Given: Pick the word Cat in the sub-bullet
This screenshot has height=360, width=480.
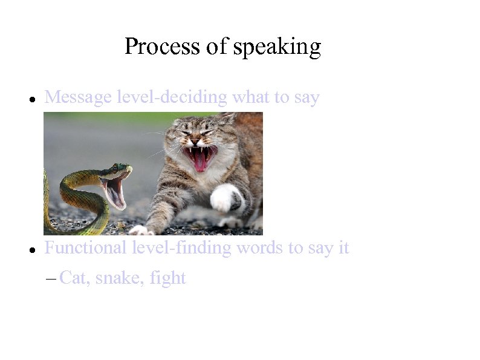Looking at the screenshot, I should pos(73,278).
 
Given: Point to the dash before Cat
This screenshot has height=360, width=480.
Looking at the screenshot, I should pos(50,279).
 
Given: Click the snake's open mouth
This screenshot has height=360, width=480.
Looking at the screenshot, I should pos(114,189).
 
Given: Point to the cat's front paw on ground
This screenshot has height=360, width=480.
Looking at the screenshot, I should pos(142,231).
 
